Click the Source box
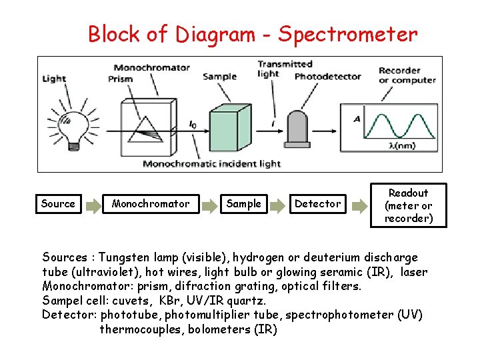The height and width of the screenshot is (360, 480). [58, 204]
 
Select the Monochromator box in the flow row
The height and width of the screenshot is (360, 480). [151, 204]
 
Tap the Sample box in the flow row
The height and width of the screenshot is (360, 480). [244, 204]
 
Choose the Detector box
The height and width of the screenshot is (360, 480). [317, 204]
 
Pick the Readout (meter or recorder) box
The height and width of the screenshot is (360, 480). [408, 205]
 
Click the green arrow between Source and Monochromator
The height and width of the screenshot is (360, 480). [92, 204]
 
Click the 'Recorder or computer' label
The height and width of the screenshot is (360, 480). [407, 75]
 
